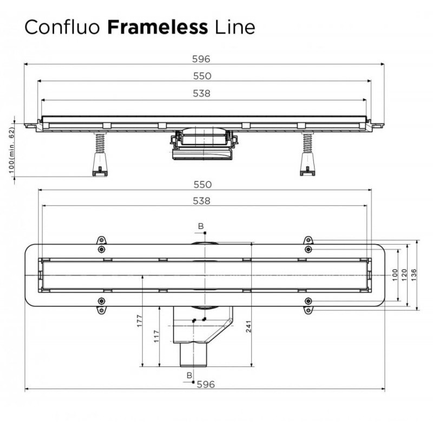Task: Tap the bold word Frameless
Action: [158, 27]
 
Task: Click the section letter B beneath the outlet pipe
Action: [189, 375]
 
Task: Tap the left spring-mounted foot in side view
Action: [100, 157]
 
